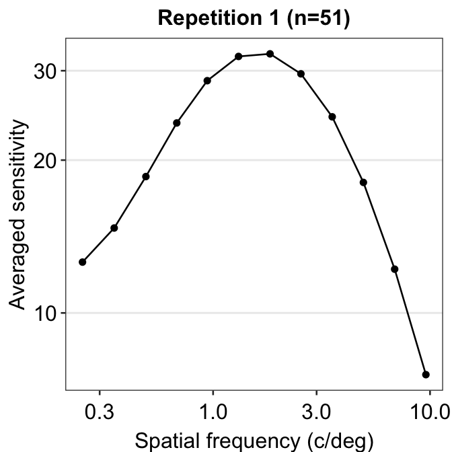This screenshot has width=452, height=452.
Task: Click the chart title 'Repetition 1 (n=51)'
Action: point(254,18)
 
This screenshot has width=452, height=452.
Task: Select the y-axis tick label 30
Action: point(48,71)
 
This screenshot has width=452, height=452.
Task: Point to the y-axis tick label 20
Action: point(48,160)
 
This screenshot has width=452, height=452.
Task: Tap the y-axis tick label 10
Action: point(48,313)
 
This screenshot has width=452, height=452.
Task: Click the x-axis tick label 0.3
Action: point(100,410)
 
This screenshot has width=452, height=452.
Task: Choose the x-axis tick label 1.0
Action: point(213,410)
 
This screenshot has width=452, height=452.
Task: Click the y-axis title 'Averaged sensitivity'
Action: point(20,215)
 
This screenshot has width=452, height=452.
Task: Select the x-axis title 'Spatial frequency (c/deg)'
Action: point(254,441)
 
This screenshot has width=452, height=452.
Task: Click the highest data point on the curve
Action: point(270,54)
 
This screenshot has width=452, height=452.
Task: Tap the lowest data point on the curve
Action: point(426,374)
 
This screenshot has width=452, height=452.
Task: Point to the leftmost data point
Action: point(83,262)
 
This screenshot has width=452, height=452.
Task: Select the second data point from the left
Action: point(114,228)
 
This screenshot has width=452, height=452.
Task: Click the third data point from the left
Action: point(145,176)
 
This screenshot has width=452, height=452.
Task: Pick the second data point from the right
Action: point(395,269)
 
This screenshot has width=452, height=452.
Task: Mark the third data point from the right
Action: point(363,182)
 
